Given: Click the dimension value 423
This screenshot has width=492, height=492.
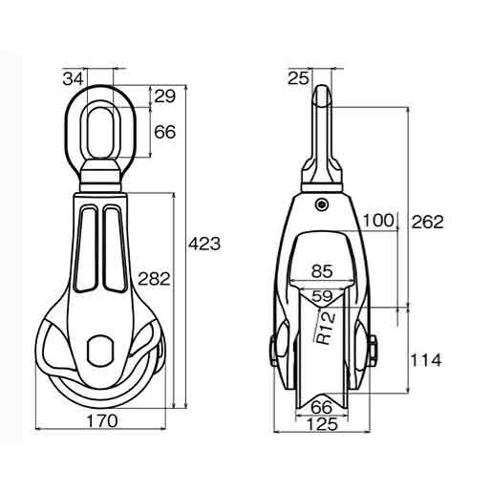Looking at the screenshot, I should click(x=205, y=244).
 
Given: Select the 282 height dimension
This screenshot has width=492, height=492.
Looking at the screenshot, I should click(x=153, y=279).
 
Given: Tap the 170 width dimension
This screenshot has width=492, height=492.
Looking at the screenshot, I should click(x=104, y=420).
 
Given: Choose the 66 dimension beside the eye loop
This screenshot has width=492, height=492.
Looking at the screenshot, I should click(x=164, y=133).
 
